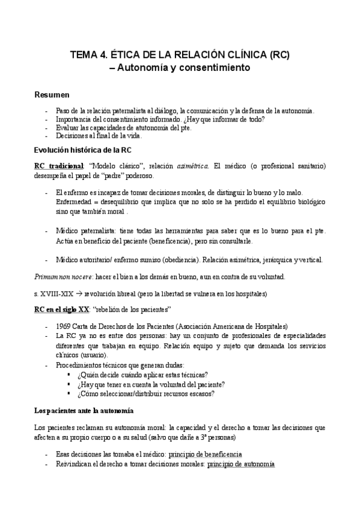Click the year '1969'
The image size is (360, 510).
[64, 326]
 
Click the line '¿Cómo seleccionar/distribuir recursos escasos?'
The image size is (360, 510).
[147, 393]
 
